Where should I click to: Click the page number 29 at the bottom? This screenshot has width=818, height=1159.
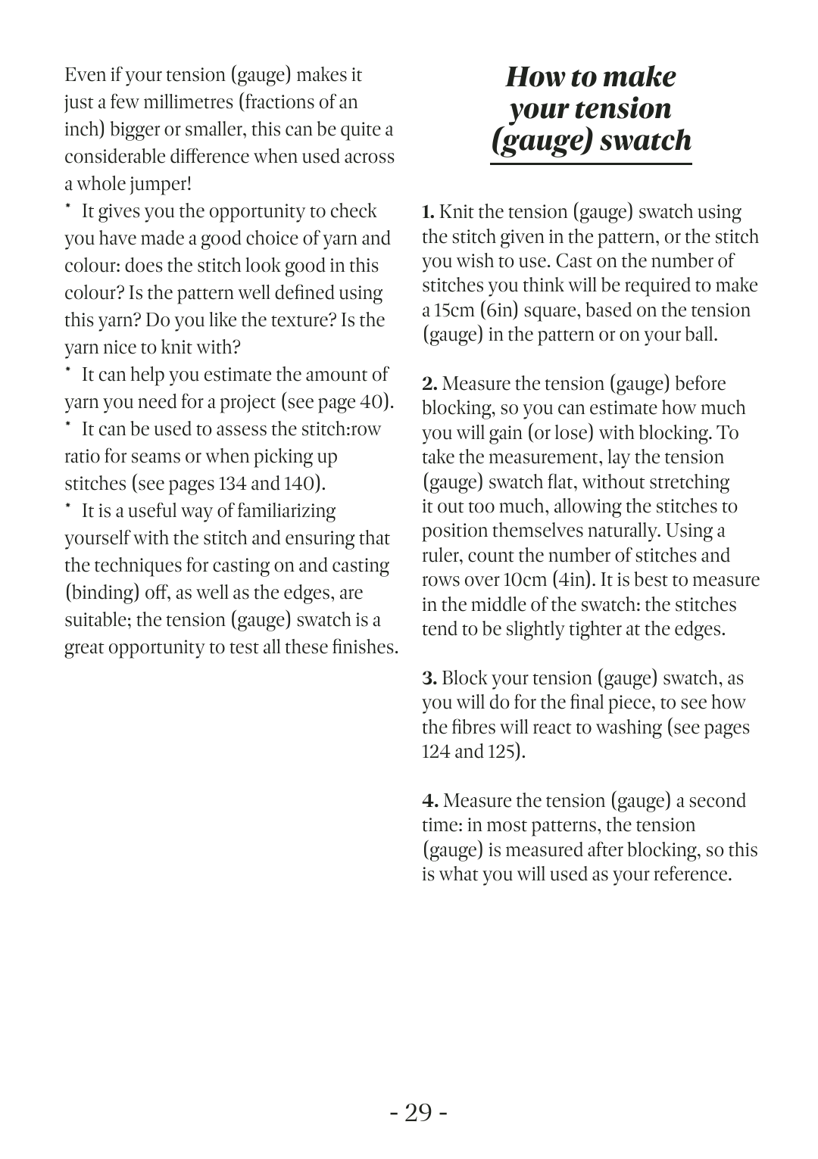(418, 1113)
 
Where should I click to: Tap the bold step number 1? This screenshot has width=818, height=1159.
(428, 212)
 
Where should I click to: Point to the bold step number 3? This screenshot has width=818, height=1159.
(429, 678)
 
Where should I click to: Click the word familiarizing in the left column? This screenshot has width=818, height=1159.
(286, 511)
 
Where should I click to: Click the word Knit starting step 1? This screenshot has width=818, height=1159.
(456, 212)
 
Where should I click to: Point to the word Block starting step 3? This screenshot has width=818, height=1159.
(464, 678)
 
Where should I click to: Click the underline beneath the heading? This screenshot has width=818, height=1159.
(591, 163)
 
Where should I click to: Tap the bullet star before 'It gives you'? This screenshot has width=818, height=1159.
(68, 206)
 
